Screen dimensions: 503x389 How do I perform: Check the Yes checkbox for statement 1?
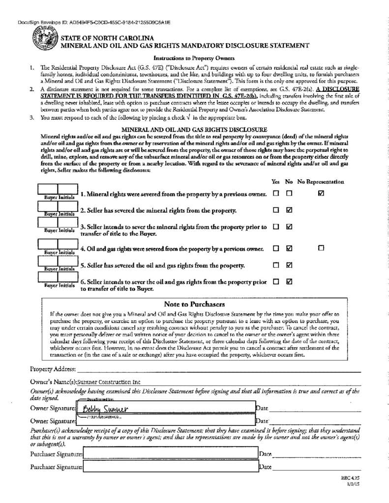(276, 194)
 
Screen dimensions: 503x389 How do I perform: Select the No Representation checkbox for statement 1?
(321, 194)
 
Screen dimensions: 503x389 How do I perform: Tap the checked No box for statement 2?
(289, 210)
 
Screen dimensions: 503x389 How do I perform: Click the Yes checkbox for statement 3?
(276, 227)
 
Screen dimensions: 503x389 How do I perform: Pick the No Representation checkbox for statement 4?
(321, 249)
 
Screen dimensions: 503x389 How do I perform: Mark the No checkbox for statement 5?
(289, 265)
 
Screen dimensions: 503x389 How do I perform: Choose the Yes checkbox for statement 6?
(276, 282)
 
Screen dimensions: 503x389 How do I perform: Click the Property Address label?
(53, 369)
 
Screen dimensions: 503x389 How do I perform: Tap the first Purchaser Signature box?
(170, 454)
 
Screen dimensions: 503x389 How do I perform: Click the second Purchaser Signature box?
(170, 467)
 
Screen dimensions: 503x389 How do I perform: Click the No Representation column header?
(321, 182)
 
